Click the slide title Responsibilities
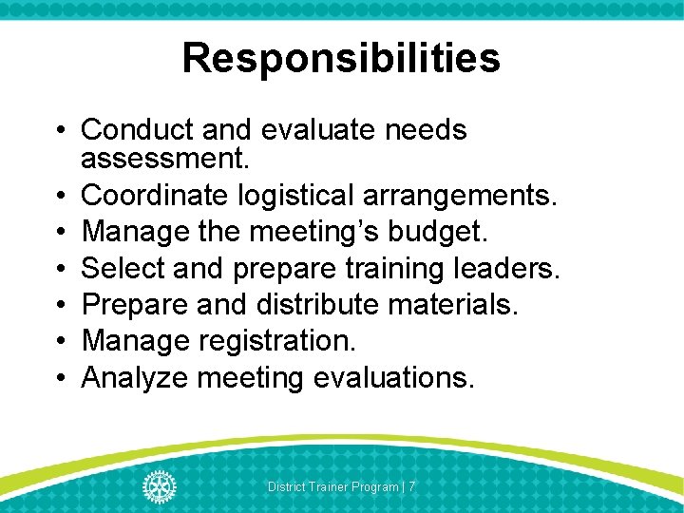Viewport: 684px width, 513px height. click(341, 57)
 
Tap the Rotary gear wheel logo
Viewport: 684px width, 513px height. click(160, 486)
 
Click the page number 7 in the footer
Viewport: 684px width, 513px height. click(412, 487)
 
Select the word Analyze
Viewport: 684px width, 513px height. click(135, 377)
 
